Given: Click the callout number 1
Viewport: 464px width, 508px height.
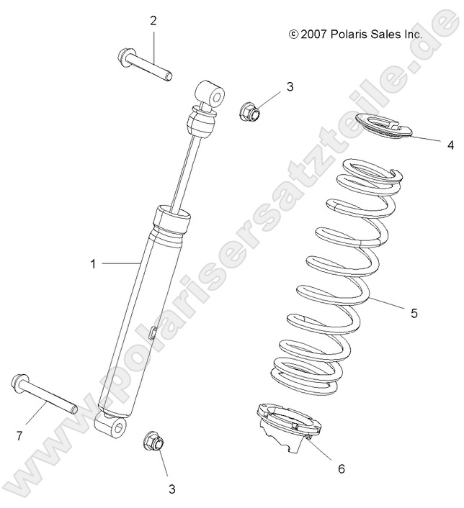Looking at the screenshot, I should pos(93,264).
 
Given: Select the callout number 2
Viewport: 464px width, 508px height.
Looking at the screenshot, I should pos(153,20).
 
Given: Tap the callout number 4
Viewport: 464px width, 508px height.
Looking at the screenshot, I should pos(450,145).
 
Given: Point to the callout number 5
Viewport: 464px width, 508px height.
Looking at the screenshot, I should pos(434,313).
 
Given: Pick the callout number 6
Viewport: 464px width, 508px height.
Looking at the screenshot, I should pos(341,468).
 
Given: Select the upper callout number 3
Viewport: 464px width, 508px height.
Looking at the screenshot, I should pos(269,87).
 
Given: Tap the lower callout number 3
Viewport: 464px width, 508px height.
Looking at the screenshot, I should pos(171,489).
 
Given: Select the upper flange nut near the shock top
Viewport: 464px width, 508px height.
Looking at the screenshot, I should pos(249,111).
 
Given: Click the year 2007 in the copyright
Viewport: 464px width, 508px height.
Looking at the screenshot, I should pos(313,34).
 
